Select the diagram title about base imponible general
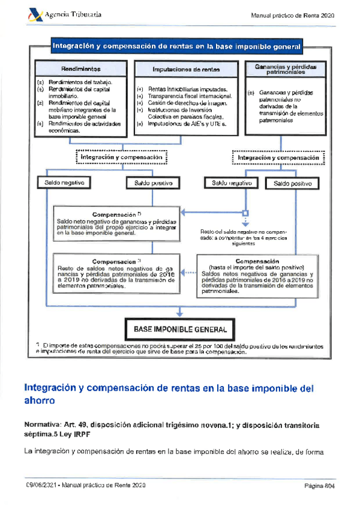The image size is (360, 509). [x=176, y=46]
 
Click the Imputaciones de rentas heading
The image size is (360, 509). [x=186, y=69]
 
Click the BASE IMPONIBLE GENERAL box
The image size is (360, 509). [x=180, y=329]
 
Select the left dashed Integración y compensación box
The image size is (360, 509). [x=121, y=157]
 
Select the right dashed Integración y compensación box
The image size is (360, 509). [x=278, y=158]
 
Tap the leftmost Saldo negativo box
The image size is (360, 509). [x=63, y=182]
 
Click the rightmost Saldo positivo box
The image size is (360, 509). [x=292, y=183]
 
